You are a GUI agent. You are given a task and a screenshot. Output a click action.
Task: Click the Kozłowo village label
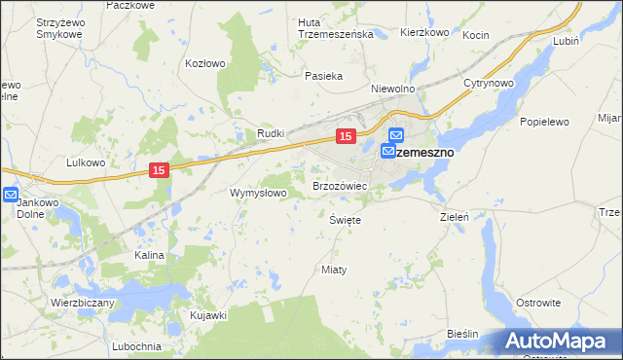coord(205,63)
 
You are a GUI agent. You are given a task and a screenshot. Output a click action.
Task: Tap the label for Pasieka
coord(322,75)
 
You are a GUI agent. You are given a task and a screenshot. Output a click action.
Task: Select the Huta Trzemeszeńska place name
coord(336,27)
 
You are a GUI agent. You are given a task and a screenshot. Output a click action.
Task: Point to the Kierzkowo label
coord(424,32)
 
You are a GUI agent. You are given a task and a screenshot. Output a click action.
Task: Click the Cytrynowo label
coord(488,83)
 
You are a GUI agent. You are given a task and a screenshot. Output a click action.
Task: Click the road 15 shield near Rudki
coord(345,137)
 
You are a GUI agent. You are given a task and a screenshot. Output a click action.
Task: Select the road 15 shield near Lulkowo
coord(161,170)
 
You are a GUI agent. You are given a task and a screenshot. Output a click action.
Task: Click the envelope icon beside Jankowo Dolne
coord(11,195)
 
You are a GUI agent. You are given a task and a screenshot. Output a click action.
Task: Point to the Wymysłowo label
coord(257,193)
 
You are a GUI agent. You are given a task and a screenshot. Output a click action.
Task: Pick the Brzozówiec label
coord(339,184)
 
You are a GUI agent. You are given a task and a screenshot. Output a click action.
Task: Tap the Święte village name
coord(346,220)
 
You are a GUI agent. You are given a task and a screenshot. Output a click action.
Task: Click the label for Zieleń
coord(455,217)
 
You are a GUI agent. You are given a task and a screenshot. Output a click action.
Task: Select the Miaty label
coord(334,269)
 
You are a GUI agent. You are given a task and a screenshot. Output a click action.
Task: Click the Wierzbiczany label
coord(83,303)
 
